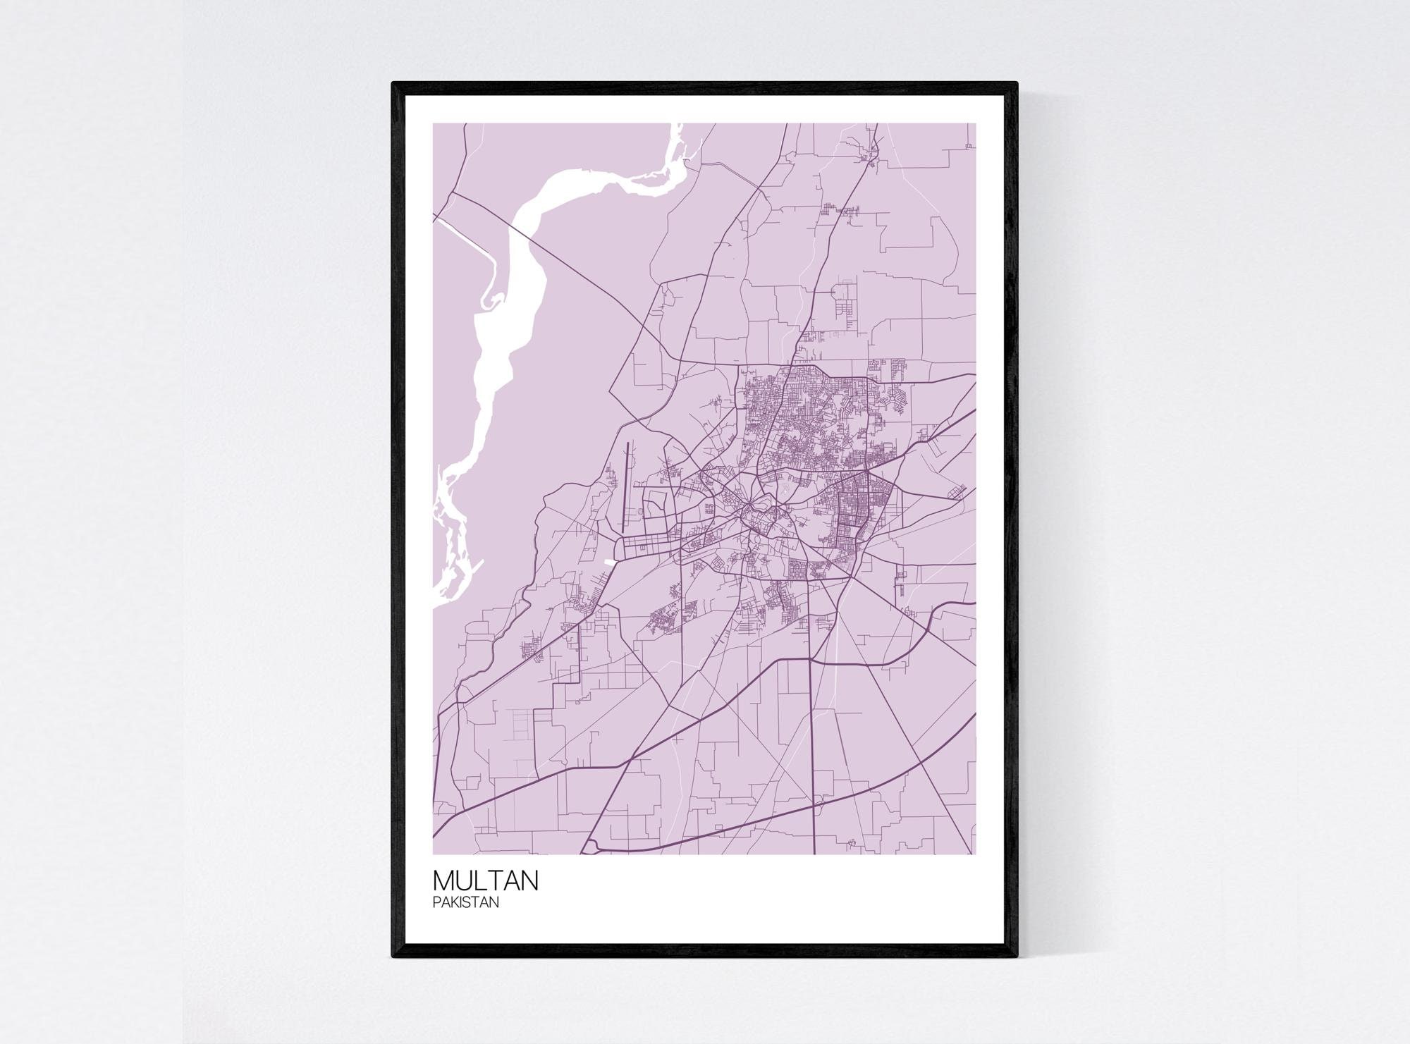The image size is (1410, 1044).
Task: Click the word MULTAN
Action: point(486,880)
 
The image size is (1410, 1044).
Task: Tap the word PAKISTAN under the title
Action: point(466,902)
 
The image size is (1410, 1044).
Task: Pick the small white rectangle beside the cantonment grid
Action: point(608,563)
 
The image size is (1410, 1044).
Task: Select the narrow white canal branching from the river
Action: point(462,233)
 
